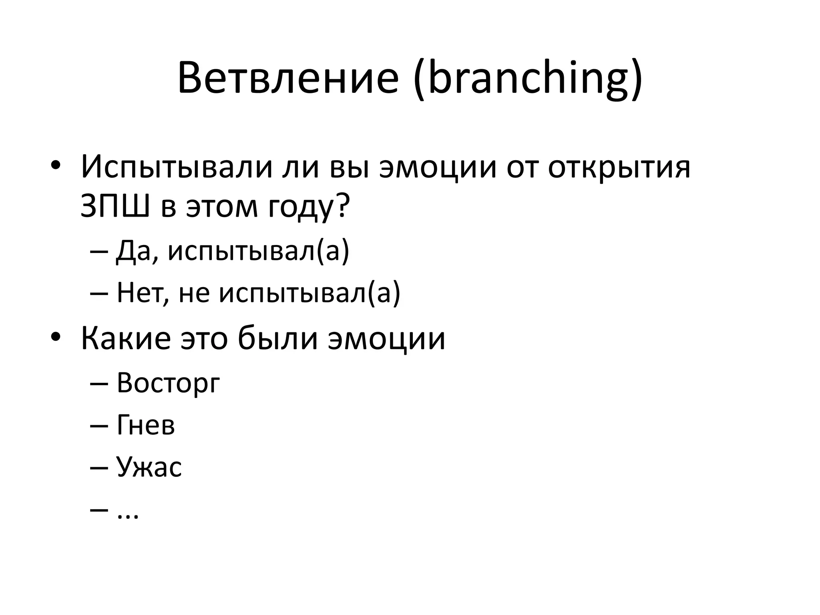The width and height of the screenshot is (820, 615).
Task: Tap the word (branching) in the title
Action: point(528,78)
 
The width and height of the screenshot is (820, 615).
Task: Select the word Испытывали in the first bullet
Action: point(175,167)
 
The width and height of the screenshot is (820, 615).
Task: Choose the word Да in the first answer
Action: point(135,252)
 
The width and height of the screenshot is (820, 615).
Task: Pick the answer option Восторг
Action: point(168,383)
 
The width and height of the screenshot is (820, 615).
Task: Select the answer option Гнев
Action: point(146,425)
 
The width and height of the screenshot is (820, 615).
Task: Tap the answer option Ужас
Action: point(149,467)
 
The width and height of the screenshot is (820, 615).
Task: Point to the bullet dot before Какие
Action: point(55,338)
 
